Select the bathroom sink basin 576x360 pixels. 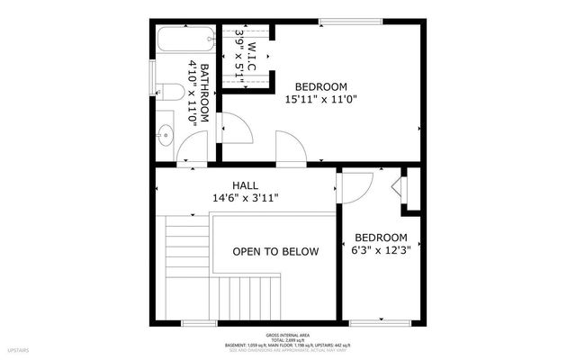click(x=164, y=136)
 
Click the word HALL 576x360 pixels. click(x=244, y=185)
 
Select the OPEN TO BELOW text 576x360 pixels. click(x=274, y=252)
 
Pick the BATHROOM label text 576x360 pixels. click(x=204, y=93)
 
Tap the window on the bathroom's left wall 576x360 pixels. click(x=153, y=72)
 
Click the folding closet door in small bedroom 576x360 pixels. click(x=400, y=191)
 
